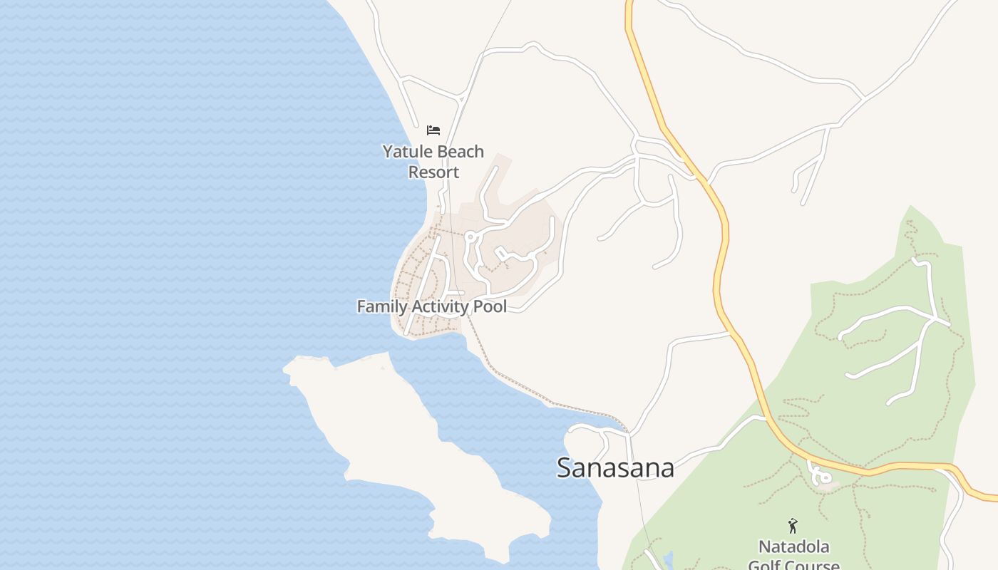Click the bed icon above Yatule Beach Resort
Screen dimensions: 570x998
pos(433,130)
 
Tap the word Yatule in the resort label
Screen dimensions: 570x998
pos(408,152)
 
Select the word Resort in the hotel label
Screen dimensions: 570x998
pos(433,172)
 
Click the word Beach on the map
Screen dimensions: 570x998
pos(460,152)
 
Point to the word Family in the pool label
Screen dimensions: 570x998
pos(380,306)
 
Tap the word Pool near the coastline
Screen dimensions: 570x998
pos(490,306)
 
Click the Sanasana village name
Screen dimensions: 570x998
pos(615,467)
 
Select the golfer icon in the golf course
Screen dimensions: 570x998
pos(793,526)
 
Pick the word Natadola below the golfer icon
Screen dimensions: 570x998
pos(793,547)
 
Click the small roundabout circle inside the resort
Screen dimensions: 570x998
pos(470,237)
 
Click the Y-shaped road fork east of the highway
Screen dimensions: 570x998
pos(827,128)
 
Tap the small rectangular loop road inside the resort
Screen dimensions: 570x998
pos(501,253)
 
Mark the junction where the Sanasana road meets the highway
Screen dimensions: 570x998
pos(766,418)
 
